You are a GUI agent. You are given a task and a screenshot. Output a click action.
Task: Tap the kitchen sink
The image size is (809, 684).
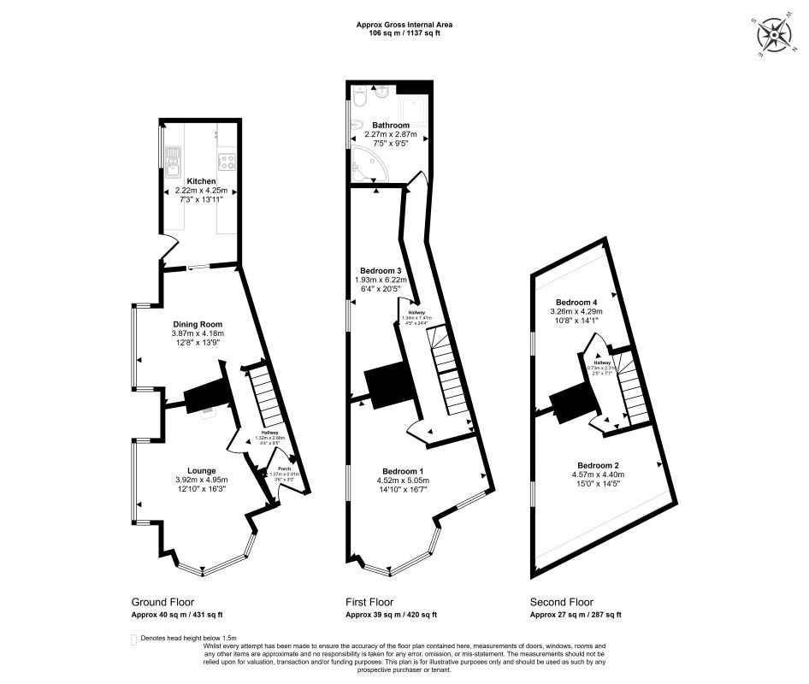pyautogui.click(x=173, y=160)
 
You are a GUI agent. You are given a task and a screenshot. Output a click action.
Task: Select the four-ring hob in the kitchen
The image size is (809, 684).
pyautogui.click(x=227, y=160)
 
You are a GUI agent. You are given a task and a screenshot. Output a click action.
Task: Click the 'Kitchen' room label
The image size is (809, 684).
pyautogui.click(x=201, y=181)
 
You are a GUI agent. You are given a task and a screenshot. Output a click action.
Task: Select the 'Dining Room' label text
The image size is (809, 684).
pyautogui.click(x=198, y=324)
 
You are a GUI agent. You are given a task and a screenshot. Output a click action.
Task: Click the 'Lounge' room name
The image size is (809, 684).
pyautogui.click(x=201, y=470)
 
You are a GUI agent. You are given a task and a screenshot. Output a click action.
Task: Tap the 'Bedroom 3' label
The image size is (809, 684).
pyautogui.click(x=381, y=270)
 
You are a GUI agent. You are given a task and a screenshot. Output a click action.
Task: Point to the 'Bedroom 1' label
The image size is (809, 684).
pyautogui.click(x=403, y=472)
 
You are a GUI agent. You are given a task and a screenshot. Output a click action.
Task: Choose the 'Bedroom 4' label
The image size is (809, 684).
pyautogui.click(x=576, y=303)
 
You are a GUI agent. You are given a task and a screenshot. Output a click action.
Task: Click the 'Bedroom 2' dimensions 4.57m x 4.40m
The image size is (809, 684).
pyautogui.click(x=598, y=475)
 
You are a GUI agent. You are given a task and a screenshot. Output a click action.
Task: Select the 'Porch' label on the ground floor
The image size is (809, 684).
pyautogui.click(x=276, y=469)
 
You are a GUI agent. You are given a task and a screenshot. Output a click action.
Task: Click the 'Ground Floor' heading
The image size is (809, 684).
pyautogui.click(x=158, y=602)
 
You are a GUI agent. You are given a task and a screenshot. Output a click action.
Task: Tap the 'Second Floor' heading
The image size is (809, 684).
pyautogui.click(x=561, y=602)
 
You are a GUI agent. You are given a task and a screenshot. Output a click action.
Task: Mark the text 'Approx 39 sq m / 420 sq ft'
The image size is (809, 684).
pyautogui.click(x=391, y=615)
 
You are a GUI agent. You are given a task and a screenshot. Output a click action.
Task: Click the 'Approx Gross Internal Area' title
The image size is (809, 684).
pyautogui.click(x=404, y=25)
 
